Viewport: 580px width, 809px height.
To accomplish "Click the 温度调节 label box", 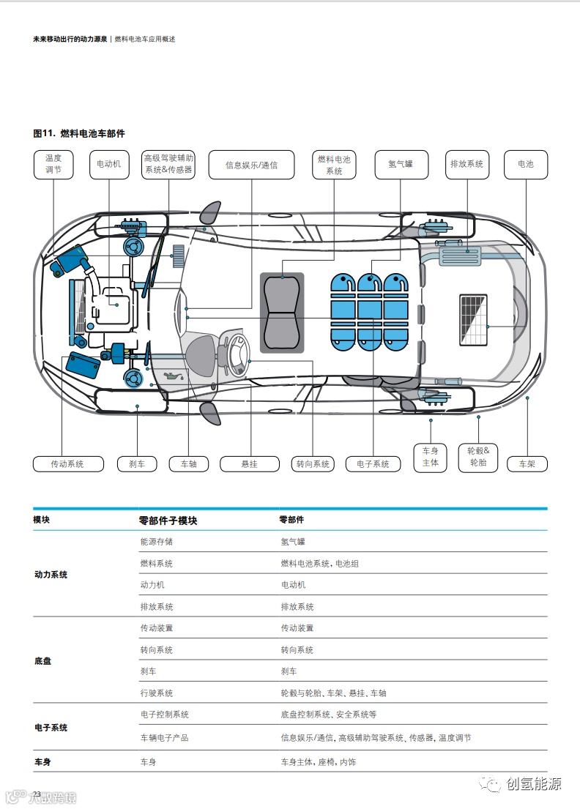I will pos(53,165).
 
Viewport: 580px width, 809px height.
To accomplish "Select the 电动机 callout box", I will pos(109,165).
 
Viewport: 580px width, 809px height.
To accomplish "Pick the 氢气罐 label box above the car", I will pos(401,164).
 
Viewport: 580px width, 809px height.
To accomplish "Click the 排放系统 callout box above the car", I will pos(466,164).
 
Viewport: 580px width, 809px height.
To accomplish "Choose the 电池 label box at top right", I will pos(526,164).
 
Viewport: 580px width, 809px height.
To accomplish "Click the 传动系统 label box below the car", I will pos(67,464).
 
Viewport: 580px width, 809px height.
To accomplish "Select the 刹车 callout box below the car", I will pos(137,464).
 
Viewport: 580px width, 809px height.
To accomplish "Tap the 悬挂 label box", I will pos(250,464).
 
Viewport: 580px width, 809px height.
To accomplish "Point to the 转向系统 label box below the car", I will pos(313,464).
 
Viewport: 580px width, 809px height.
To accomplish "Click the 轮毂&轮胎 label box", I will pos(478,457).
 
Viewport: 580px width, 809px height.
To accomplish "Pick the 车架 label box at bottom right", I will pos(527,464).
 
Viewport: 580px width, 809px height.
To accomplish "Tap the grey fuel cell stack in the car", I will pos(282,313).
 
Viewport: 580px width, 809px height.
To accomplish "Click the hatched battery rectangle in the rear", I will pos(473,320).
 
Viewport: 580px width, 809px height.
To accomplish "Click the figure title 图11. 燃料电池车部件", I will pos(79,133).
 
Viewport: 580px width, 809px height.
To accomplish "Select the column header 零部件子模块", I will pos(168,520).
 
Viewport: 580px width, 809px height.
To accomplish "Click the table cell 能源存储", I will pos(157,542).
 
